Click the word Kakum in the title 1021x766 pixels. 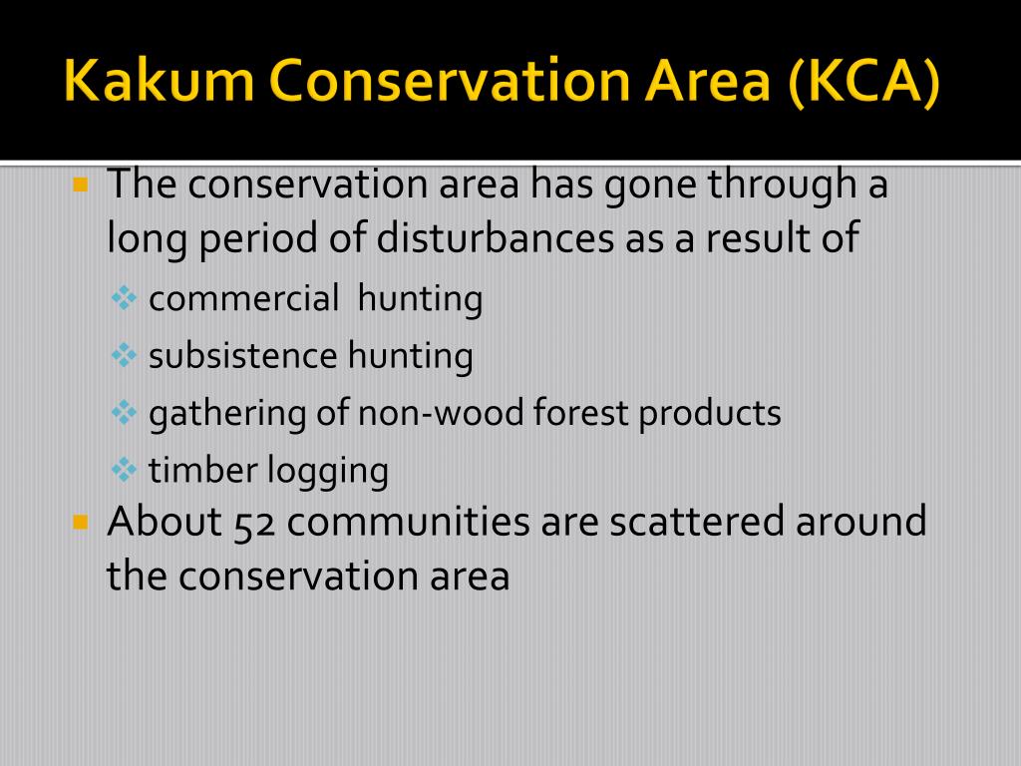coord(159,81)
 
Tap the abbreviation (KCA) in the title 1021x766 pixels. coord(863,83)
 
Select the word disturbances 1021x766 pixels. coord(495,237)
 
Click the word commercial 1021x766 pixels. coord(243,298)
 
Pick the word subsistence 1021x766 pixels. coord(243,356)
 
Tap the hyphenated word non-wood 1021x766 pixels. coord(441,413)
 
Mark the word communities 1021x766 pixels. coord(408,522)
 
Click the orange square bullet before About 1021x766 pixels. coord(80,522)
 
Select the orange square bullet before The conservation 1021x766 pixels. coord(80,185)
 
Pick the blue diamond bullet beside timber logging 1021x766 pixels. coord(124,470)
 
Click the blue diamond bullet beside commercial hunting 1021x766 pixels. coord(124,298)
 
